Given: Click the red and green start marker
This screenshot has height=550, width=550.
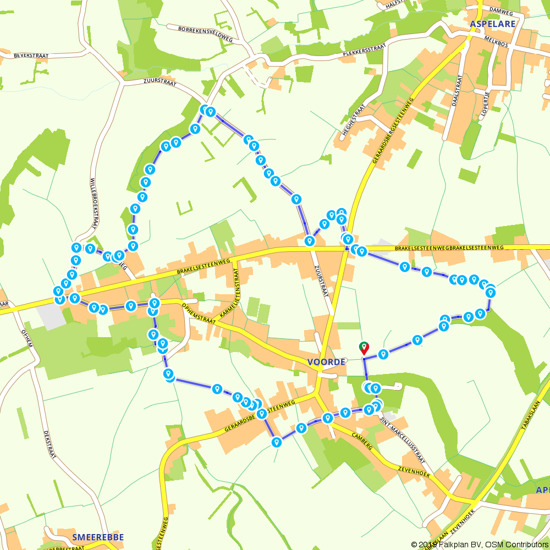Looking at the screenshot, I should [364, 348].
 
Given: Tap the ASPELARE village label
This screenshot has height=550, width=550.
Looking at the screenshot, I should [493, 24].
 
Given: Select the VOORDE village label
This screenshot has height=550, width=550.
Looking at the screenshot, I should [327, 362].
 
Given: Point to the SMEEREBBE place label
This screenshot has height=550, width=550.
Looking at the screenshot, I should [98, 537].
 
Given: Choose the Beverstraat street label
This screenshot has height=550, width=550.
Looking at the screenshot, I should [32, 56].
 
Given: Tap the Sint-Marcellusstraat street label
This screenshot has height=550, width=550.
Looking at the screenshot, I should [403, 441].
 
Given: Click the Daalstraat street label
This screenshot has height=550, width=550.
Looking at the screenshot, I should [457, 91].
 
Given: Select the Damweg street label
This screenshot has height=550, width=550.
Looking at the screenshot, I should [501, 10].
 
